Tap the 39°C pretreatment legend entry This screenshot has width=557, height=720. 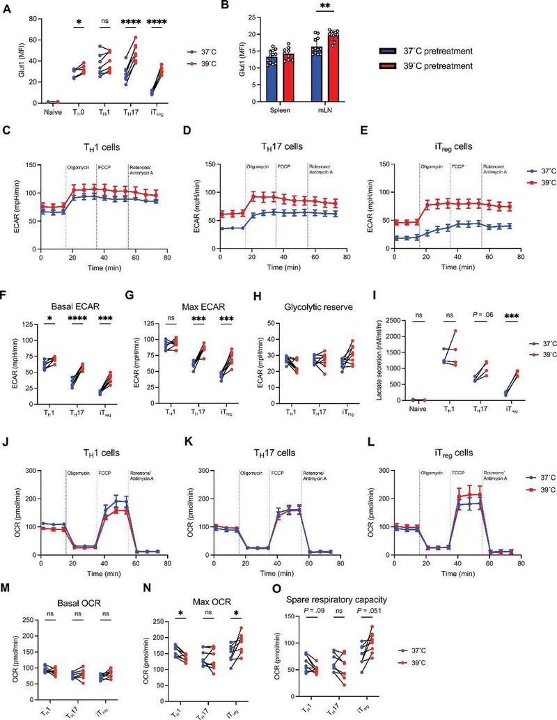[425, 65]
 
